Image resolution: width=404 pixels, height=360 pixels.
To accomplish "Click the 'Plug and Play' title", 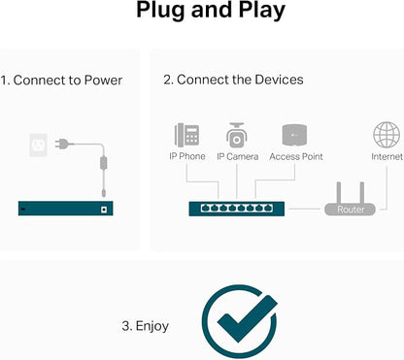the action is tap(211, 11).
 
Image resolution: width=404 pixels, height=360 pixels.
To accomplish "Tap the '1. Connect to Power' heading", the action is tap(61, 81).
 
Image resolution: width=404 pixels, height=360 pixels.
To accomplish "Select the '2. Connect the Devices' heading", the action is tap(233, 80).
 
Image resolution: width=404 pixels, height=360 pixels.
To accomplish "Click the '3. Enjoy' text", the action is tap(145, 326).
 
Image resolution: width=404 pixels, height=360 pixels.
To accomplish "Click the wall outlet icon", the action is tap(38, 145).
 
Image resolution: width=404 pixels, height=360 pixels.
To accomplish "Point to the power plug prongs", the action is tap(58, 144).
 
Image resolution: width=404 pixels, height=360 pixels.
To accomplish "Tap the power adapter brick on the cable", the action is tap(104, 163).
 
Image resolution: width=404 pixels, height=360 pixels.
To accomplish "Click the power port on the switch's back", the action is tap(104, 210).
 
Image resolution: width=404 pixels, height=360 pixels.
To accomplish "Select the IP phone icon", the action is tap(186, 135).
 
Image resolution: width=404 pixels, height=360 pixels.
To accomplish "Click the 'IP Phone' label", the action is tap(187, 156).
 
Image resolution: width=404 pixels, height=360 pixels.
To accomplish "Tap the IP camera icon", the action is tap(237, 135).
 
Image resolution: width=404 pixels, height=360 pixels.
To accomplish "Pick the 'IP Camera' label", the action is tap(238, 156).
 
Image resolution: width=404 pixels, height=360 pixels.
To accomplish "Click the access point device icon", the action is tap(294, 135).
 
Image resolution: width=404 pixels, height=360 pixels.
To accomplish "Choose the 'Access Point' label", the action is tap(296, 156).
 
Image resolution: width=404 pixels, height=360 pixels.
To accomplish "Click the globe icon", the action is tap(387, 135).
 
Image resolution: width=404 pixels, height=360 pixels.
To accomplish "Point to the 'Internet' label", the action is tap(387, 156).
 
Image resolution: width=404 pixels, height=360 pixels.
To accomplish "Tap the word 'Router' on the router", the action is tap(351, 210).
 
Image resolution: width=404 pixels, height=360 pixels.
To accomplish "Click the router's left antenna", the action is tap(339, 193).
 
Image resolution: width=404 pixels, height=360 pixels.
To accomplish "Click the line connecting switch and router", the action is tap(305, 209).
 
